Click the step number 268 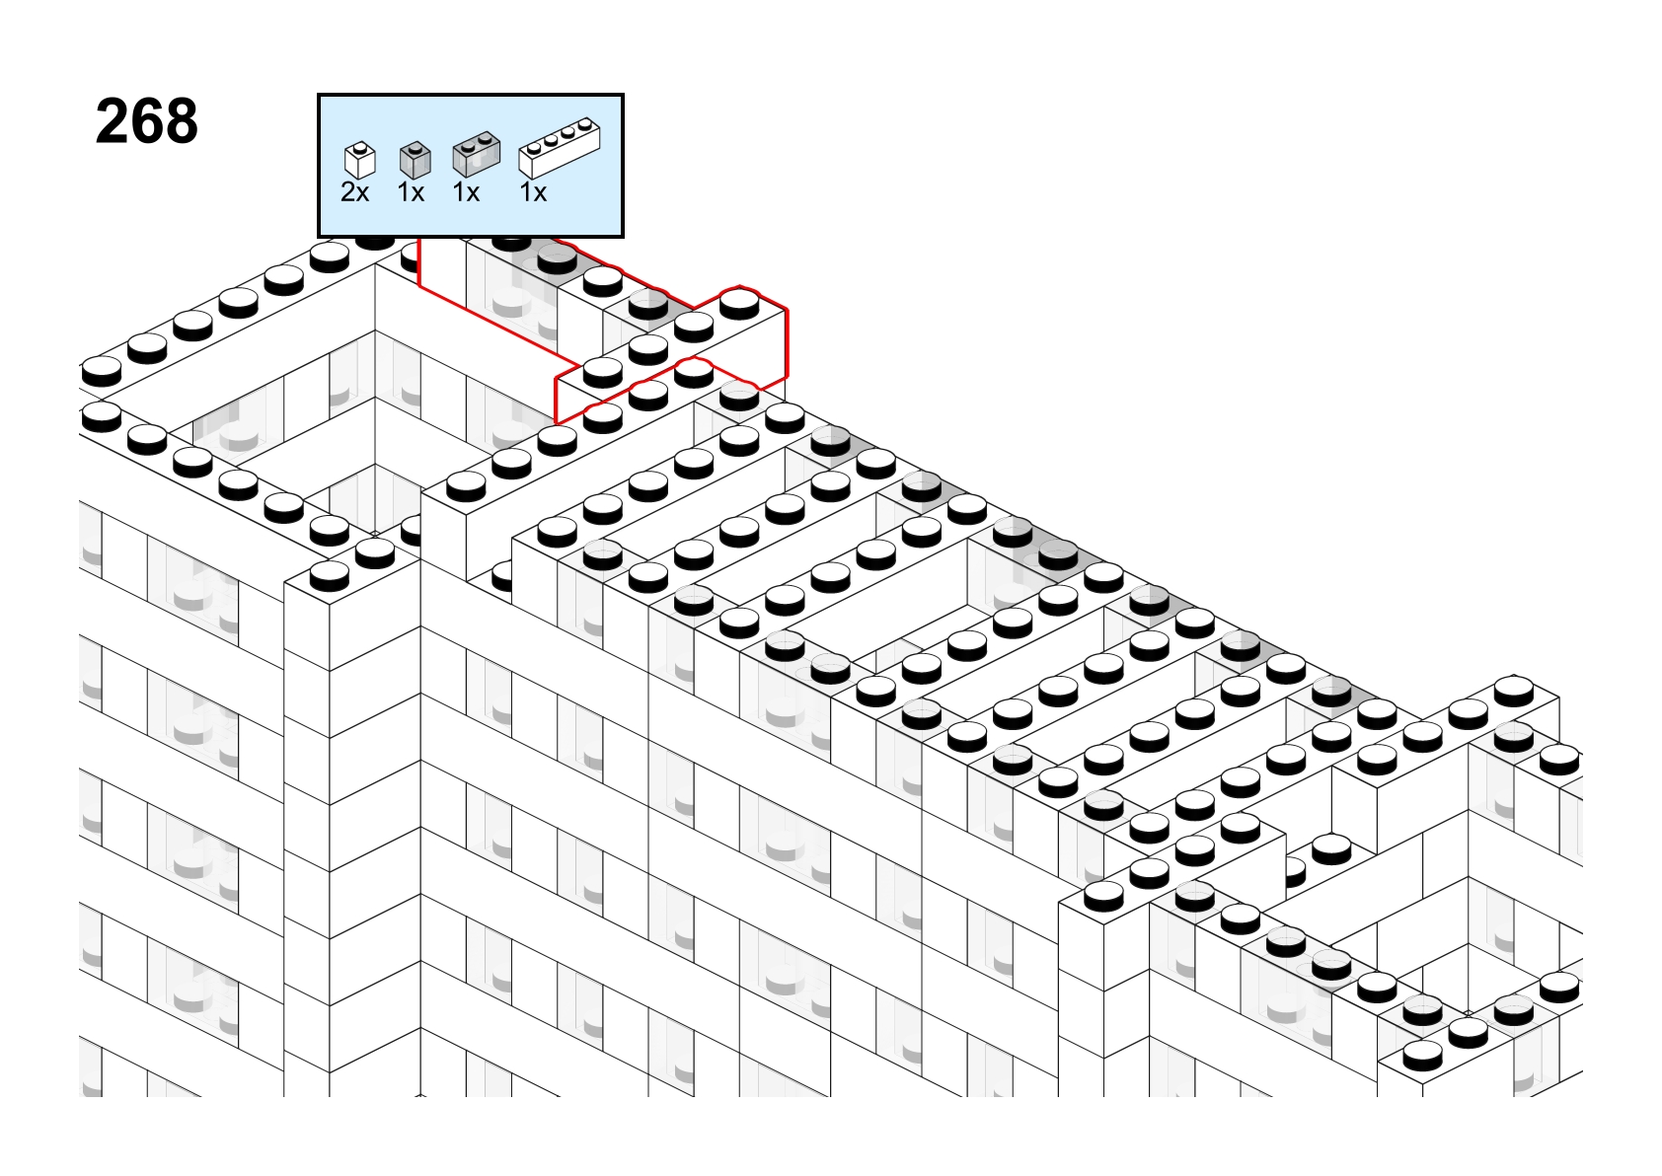click(x=147, y=121)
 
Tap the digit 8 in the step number click(x=181, y=121)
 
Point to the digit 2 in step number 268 click(x=113, y=121)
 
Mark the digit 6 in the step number click(x=146, y=121)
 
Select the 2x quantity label click(x=354, y=192)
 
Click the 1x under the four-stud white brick click(x=533, y=192)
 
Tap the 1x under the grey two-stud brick click(x=466, y=192)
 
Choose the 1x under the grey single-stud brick click(x=411, y=192)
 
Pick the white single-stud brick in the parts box click(x=360, y=160)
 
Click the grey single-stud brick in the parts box click(x=415, y=160)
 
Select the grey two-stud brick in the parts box click(x=477, y=154)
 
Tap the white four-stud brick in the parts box click(x=560, y=148)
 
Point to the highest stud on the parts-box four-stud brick click(x=586, y=122)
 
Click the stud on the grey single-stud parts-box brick click(x=415, y=146)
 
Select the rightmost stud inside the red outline click(x=740, y=305)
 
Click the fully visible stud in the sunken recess click(x=1331, y=849)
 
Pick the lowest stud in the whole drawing click(x=1423, y=1055)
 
